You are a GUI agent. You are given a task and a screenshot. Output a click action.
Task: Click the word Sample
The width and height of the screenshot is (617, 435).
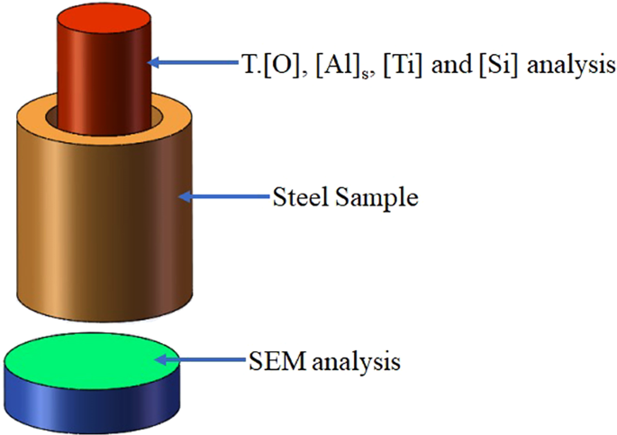pyautogui.click(x=377, y=196)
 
